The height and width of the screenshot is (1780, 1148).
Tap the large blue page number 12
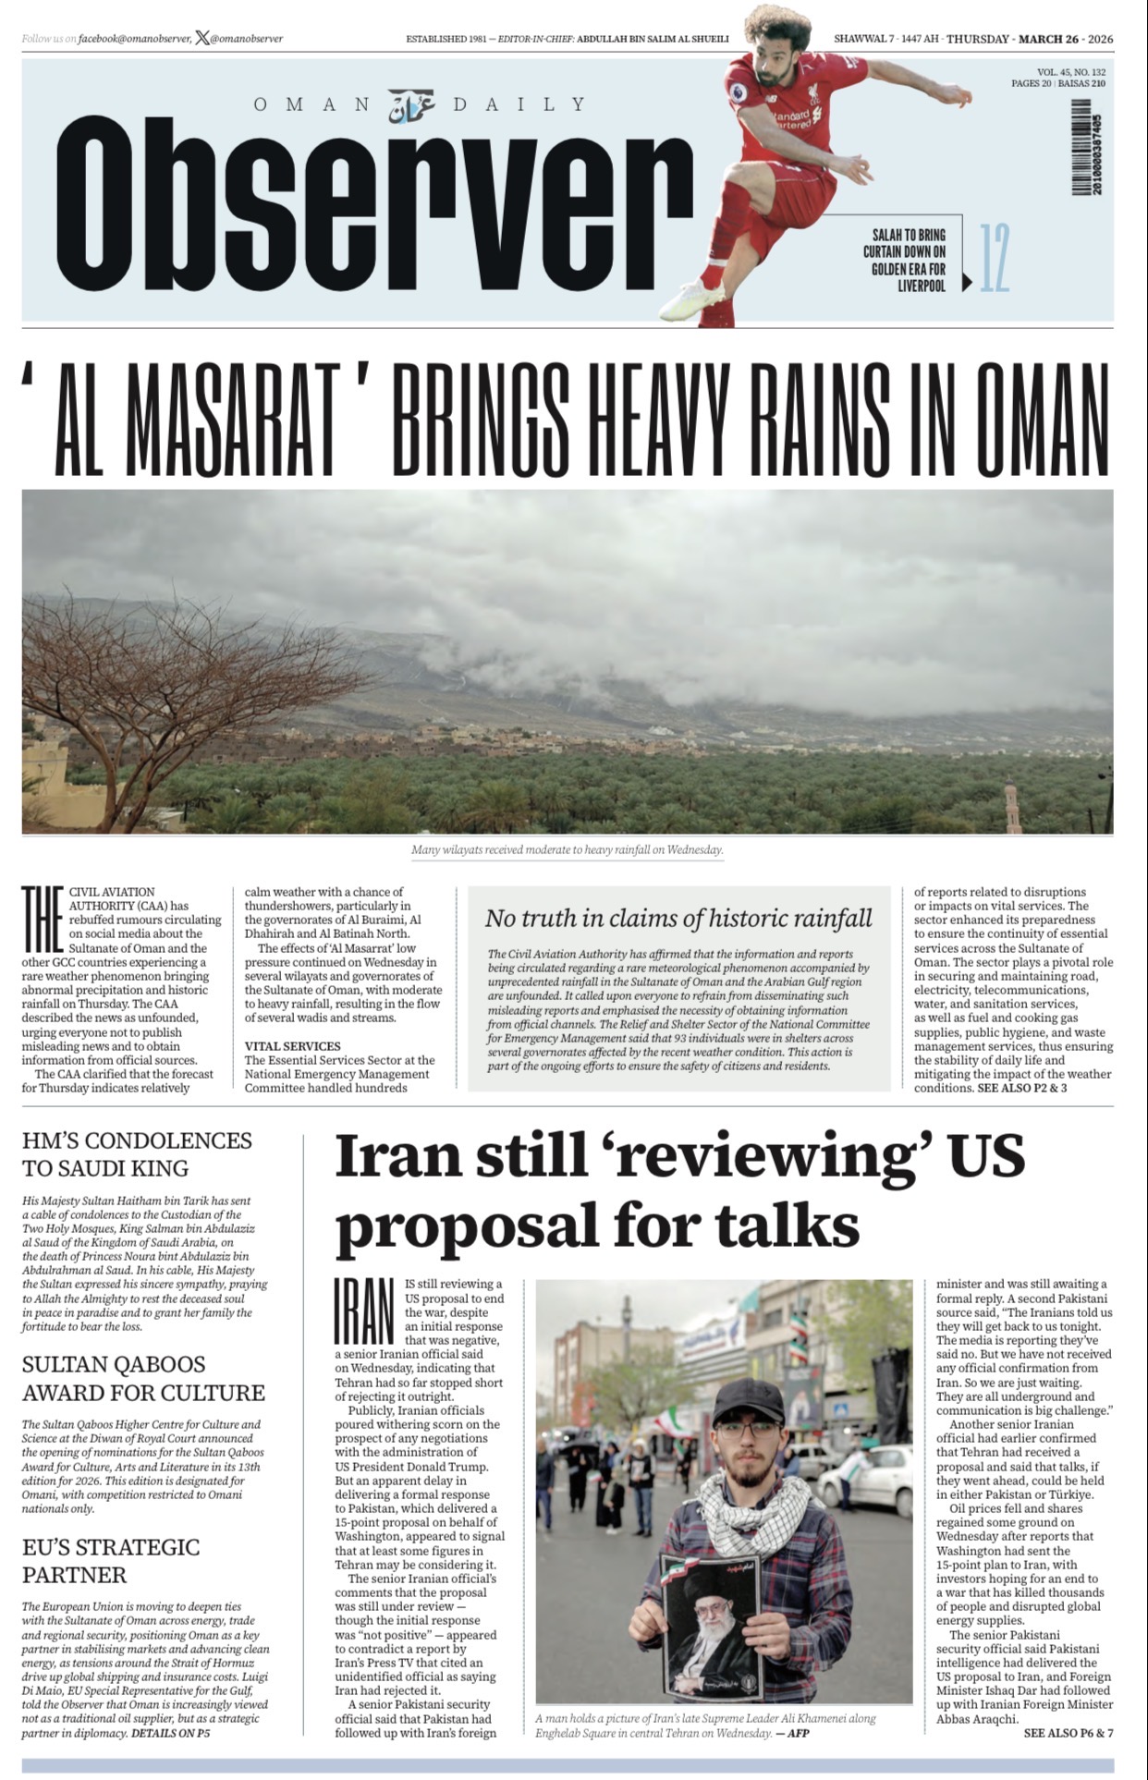coord(995,258)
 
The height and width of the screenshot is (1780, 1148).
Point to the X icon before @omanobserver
coord(202,39)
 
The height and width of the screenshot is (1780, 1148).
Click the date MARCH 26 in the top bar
coord(1050,39)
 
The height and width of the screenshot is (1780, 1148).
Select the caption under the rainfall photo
coord(567,849)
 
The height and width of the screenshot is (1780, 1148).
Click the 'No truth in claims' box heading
coord(678,918)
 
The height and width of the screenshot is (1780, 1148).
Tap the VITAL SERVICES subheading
coord(292,1046)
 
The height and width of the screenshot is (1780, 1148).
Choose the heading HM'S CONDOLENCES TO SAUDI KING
coord(137,1153)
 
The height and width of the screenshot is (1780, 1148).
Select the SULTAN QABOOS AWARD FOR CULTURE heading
coord(143,1378)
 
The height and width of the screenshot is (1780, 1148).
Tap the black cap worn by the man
coord(748,1400)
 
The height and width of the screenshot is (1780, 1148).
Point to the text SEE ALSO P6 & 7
coord(1068,1733)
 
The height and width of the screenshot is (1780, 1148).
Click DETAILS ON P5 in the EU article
coord(170,1733)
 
